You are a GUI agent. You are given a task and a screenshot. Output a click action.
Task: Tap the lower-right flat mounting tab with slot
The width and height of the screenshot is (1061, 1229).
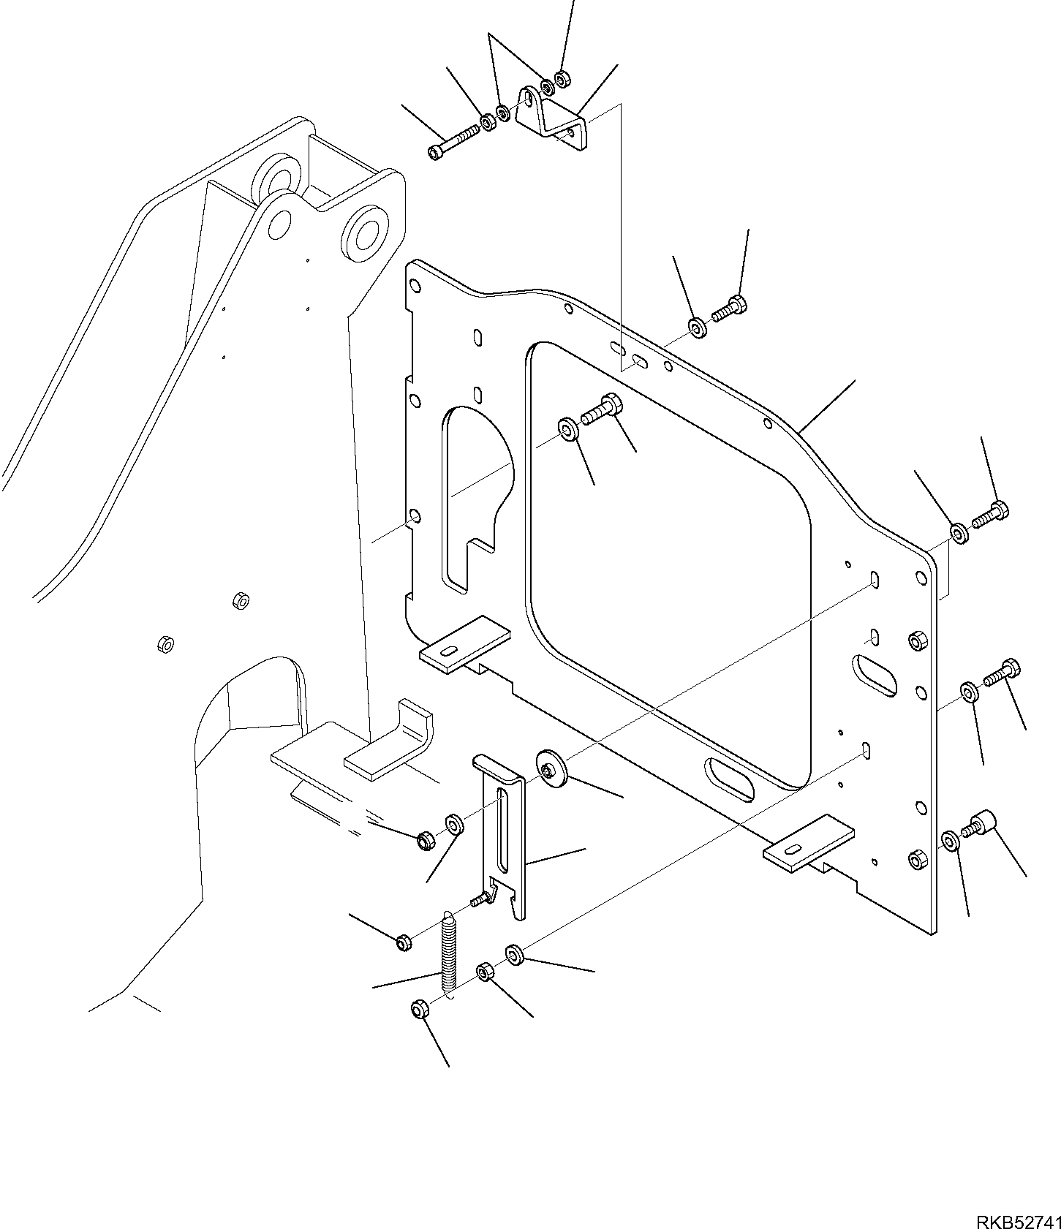pyautogui.click(x=808, y=844)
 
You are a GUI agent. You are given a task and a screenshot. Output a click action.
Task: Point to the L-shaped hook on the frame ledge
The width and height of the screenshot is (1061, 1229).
pyautogui.click(x=395, y=746)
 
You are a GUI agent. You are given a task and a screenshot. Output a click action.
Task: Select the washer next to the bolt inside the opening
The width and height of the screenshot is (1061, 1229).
pyautogui.click(x=569, y=429)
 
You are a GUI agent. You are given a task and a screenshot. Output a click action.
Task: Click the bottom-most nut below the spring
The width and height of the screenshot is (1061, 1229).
pyautogui.click(x=419, y=1010)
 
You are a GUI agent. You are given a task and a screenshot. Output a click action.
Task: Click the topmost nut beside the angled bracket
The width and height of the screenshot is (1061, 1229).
pyautogui.click(x=562, y=78)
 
